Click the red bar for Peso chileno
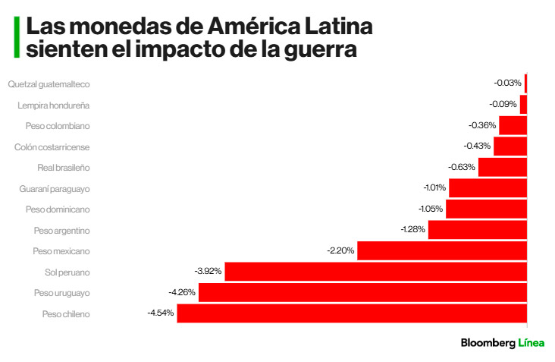[352, 313]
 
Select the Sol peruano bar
[376, 272]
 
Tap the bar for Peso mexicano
[442, 250]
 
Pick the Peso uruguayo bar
[362, 292]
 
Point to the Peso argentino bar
[478, 230]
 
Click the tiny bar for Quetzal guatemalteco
[525, 83]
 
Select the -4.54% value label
[161, 312]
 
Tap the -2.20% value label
[340, 250]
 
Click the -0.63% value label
[462, 167]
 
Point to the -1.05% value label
[429, 209]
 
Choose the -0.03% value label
[507, 83]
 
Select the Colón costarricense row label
[52, 146]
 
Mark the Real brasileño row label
[64, 167]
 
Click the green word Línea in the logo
[531, 343]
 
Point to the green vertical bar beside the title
[16, 38]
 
